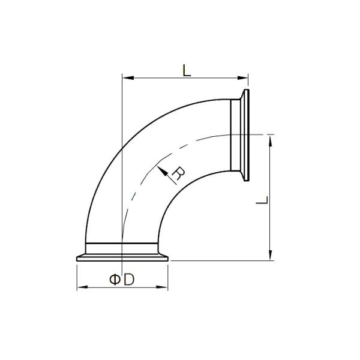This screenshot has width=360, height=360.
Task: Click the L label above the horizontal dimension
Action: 187,71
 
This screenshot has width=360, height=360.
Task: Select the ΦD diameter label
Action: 121,280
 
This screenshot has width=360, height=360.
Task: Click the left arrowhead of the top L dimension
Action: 125,78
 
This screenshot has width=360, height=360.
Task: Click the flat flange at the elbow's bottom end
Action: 124,259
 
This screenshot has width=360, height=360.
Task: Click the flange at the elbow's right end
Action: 245,136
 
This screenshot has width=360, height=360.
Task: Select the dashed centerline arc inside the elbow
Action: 144,168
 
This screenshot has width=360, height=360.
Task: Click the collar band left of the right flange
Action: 236,136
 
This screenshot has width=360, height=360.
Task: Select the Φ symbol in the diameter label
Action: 114,280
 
